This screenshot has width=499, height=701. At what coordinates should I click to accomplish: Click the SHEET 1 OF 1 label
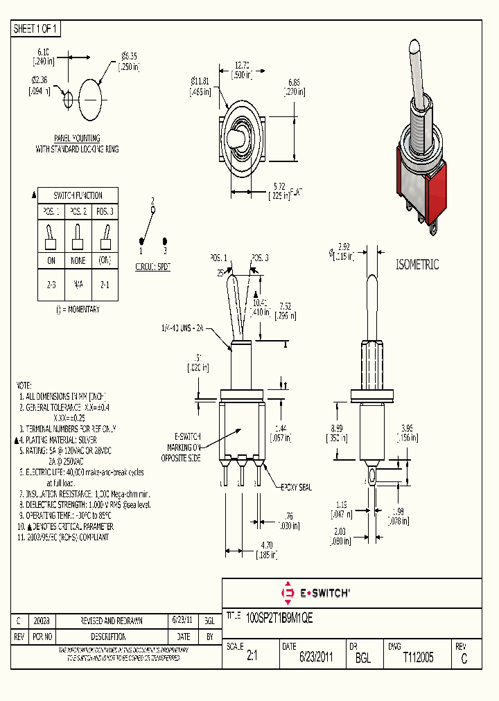pos(37,28)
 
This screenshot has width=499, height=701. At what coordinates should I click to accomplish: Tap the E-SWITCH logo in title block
pos(315,592)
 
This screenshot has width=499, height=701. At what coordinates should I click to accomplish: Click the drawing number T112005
pos(418,658)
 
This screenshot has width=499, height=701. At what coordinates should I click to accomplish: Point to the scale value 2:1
pos(252,658)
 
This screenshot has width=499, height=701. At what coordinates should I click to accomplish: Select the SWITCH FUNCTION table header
pos(78,195)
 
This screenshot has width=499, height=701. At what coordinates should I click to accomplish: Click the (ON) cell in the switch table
pos(105,260)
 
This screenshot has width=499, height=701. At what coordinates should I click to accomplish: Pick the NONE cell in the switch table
pos(78,260)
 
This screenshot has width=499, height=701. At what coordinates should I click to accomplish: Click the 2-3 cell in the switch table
pos(51,283)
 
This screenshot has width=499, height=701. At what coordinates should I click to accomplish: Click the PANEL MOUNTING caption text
pos(77,139)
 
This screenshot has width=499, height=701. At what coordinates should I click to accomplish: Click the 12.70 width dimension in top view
pos(241,68)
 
